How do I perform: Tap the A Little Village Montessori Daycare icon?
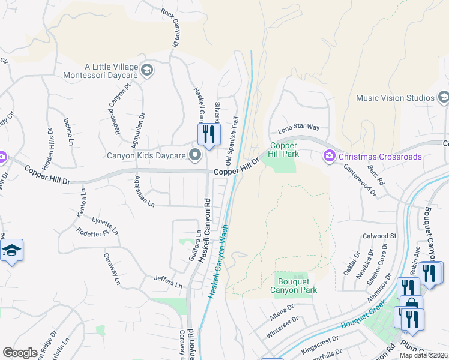point(146,71)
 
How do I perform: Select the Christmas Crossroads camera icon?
point(329,157)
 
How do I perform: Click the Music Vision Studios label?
point(394,98)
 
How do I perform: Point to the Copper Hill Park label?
point(284,149)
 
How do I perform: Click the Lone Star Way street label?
point(298,128)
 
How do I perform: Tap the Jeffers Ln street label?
point(167,281)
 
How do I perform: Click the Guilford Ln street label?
point(194,245)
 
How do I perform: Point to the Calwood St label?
point(379,236)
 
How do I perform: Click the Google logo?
point(19,353)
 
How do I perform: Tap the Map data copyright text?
point(424,355)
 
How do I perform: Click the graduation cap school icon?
point(11,250)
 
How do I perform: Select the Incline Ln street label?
point(68,131)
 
